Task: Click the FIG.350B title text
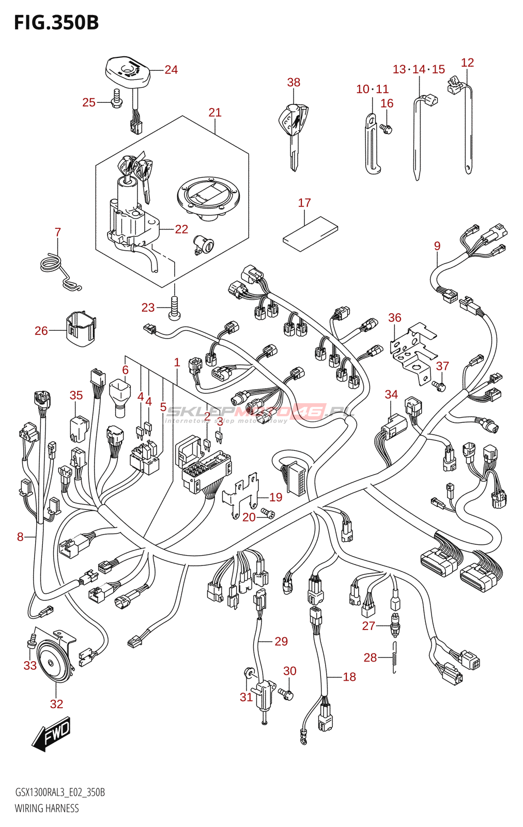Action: click(56, 23)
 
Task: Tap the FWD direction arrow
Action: click(51, 734)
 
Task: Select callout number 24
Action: click(171, 70)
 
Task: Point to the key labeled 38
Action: click(293, 132)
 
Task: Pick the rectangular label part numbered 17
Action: click(310, 234)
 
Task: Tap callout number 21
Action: click(215, 113)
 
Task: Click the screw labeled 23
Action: click(174, 308)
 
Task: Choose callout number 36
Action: click(395, 318)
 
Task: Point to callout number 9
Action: click(437, 246)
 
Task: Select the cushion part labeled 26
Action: click(80, 328)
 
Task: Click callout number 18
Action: click(349, 677)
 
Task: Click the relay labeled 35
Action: click(79, 428)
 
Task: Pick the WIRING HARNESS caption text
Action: click(47, 808)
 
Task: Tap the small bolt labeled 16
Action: click(386, 128)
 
